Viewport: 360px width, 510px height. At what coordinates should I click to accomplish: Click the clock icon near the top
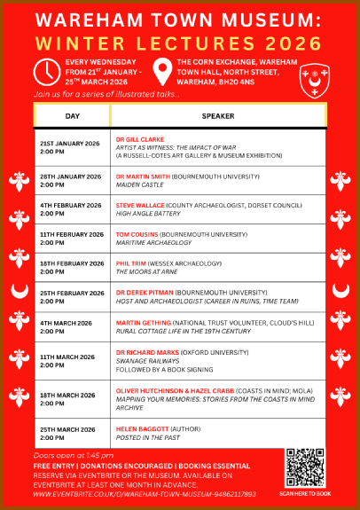(46, 70)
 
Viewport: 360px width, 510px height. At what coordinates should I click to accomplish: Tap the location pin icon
(161, 70)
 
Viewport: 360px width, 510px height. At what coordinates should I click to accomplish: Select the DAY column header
(73, 115)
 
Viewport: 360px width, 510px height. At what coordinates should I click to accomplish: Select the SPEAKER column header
(218, 115)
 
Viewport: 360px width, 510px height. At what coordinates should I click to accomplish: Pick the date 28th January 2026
(69, 177)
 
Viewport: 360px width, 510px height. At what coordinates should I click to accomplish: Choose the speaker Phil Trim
(131, 263)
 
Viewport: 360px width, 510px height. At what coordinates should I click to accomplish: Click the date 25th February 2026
(71, 293)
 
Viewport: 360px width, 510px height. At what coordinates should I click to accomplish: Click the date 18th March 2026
(67, 393)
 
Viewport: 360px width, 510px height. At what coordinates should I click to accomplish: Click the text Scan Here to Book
(305, 493)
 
